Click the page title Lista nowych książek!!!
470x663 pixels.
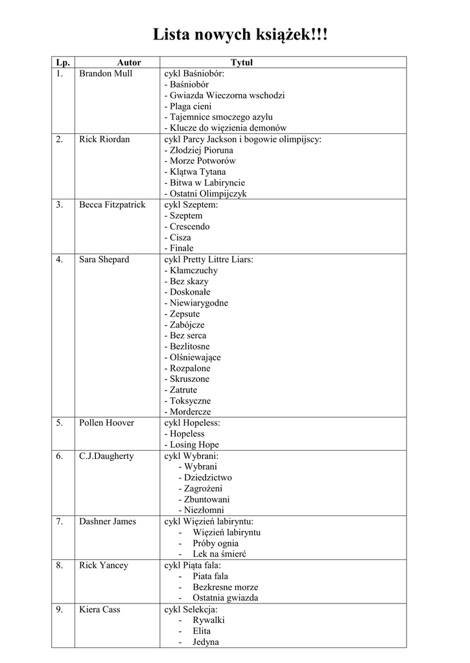pyautogui.click(x=241, y=34)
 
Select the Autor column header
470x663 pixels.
pyautogui.click(x=129, y=63)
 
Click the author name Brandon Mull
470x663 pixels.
pyautogui.click(x=106, y=74)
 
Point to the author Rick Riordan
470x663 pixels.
pyautogui.click(x=104, y=139)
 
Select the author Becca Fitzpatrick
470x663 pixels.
pyautogui.click(x=112, y=205)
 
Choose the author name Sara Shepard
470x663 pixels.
pyautogui.click(x=104, y=260)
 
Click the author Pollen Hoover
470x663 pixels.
pyautogui.click(x=106, y=423)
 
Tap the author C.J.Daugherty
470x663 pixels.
pyautogui.click(x=106, y=456)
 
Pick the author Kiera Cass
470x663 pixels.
pyautogui.click(x=99, y=609)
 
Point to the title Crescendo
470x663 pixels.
pyautogui.click(x=193, y=227)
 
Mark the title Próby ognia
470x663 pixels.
pyautogui.click(x=215, y=543)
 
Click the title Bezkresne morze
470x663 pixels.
pyautogui.click(x=225, y=587)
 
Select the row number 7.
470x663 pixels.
pyautogui.click(x=59, y=522)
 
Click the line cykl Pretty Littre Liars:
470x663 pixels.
pyautogui.click(x=209, y=260)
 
